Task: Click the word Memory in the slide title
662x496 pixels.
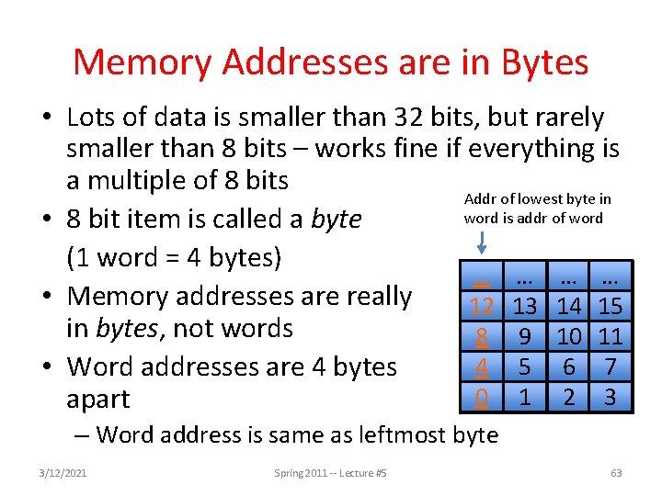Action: [142, 62]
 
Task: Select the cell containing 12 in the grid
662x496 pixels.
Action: [482, 306]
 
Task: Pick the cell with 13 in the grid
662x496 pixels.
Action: [525, 306]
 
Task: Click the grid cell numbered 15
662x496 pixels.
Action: [611, 306]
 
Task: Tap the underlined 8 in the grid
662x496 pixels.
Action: [482, 336]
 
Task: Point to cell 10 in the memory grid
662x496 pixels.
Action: [568, 336]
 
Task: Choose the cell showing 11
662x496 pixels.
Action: [611, 336]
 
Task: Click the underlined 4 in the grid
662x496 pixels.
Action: [482, 367]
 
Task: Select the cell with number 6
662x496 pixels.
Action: [568, 367]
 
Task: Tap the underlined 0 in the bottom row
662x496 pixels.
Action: [482, 398]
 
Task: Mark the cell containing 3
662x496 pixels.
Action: [611, 398]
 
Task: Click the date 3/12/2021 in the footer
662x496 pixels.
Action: [63, 473]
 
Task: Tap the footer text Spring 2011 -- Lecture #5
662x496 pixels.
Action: [331, 473]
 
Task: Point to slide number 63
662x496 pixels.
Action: [616, 473]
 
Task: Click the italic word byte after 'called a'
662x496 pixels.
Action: [337, 220]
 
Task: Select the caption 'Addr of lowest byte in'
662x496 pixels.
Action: [538, 199]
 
